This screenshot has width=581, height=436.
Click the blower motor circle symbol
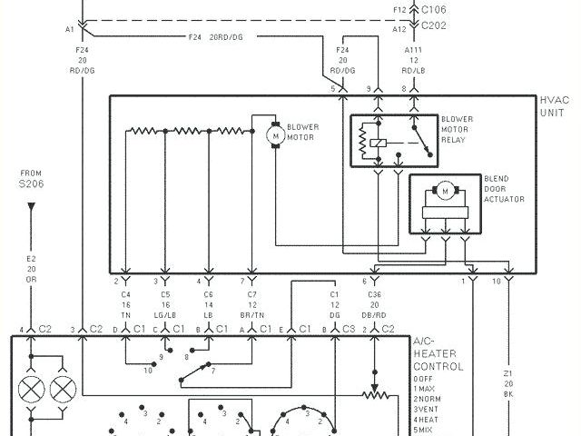(x=275, y=134)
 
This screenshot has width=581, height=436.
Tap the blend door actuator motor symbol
(x=446, y=191)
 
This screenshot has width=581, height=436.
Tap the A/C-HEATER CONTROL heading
(x=438, y=353)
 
